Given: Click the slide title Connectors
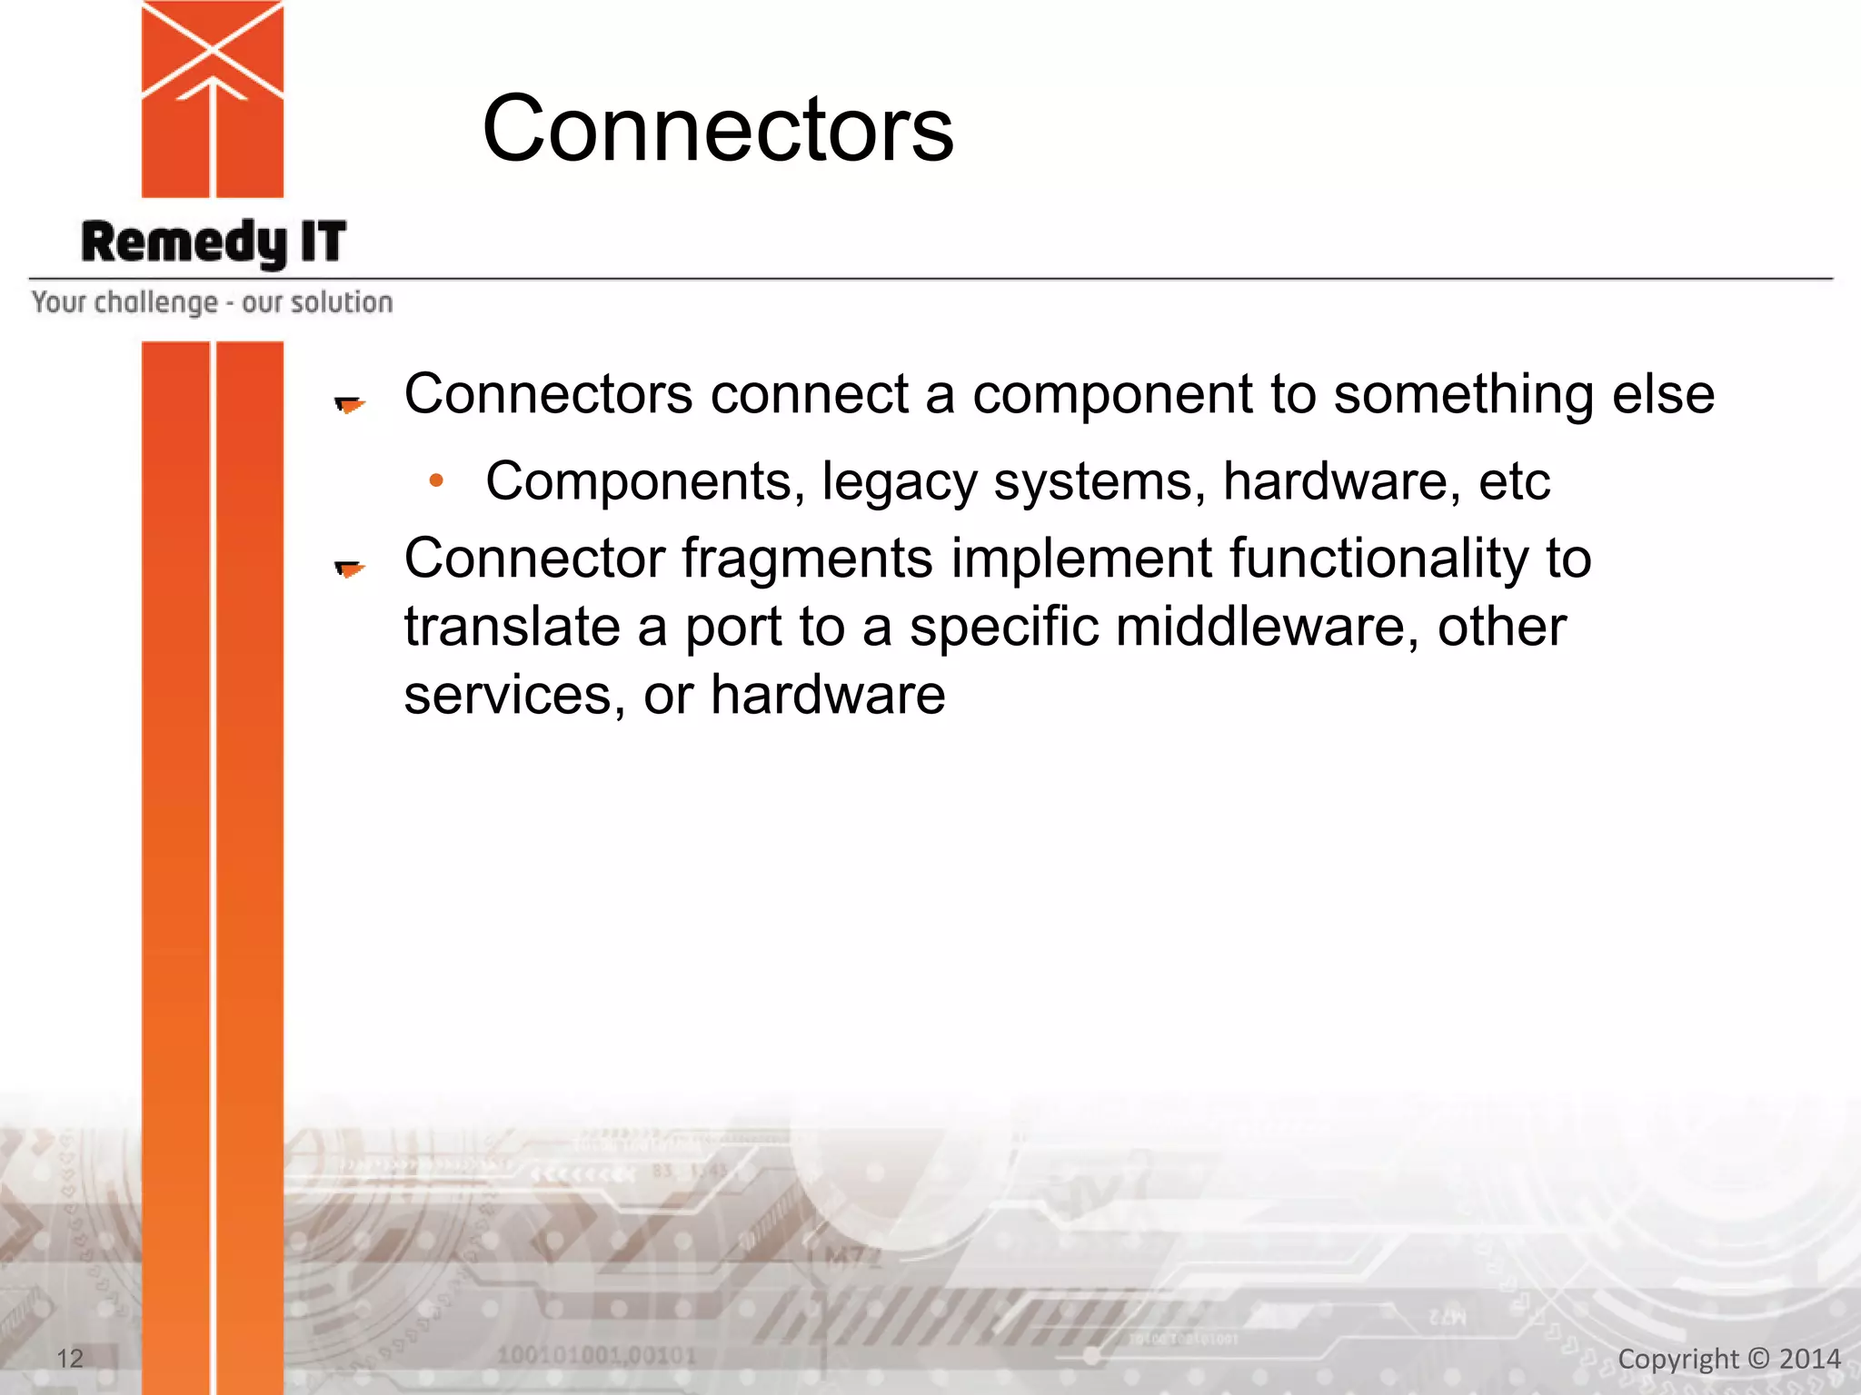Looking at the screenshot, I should click(x=718, y=129).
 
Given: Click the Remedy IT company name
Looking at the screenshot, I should click(x=214, y=242).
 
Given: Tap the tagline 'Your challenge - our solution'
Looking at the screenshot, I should click(x=212, y=302).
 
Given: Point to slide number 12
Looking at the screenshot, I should click(x=70, y=1359).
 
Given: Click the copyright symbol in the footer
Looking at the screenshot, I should click(x=1759, y=1359).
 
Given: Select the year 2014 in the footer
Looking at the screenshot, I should click(x=1810, y=1359).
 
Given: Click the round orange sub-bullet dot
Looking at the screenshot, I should click(x=437, y=480).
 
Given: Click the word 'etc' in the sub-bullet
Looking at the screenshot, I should click(x=1514, y=480).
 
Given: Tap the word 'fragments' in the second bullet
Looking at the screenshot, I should click(x=807, y=559).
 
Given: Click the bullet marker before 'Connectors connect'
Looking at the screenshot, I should click(x=349, y=404).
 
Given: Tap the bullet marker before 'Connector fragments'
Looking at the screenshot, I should click(x=349, y=569).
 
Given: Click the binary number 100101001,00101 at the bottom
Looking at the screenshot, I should click(x=596, y=1356).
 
